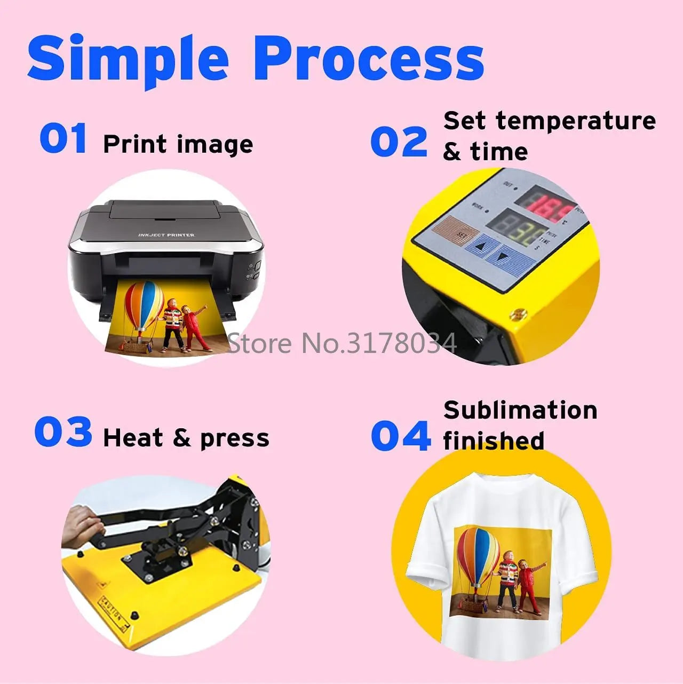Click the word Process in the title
[369, 58]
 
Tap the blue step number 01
[63, 138]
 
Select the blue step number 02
[399, 142]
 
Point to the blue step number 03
[63, 432]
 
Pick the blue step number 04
[400, 436]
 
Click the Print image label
[178, 145]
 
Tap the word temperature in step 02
[576, 121]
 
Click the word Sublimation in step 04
[520, 410]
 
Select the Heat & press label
[186, 438]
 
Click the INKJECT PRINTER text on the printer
[166, 235]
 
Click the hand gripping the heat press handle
[80, 526]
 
